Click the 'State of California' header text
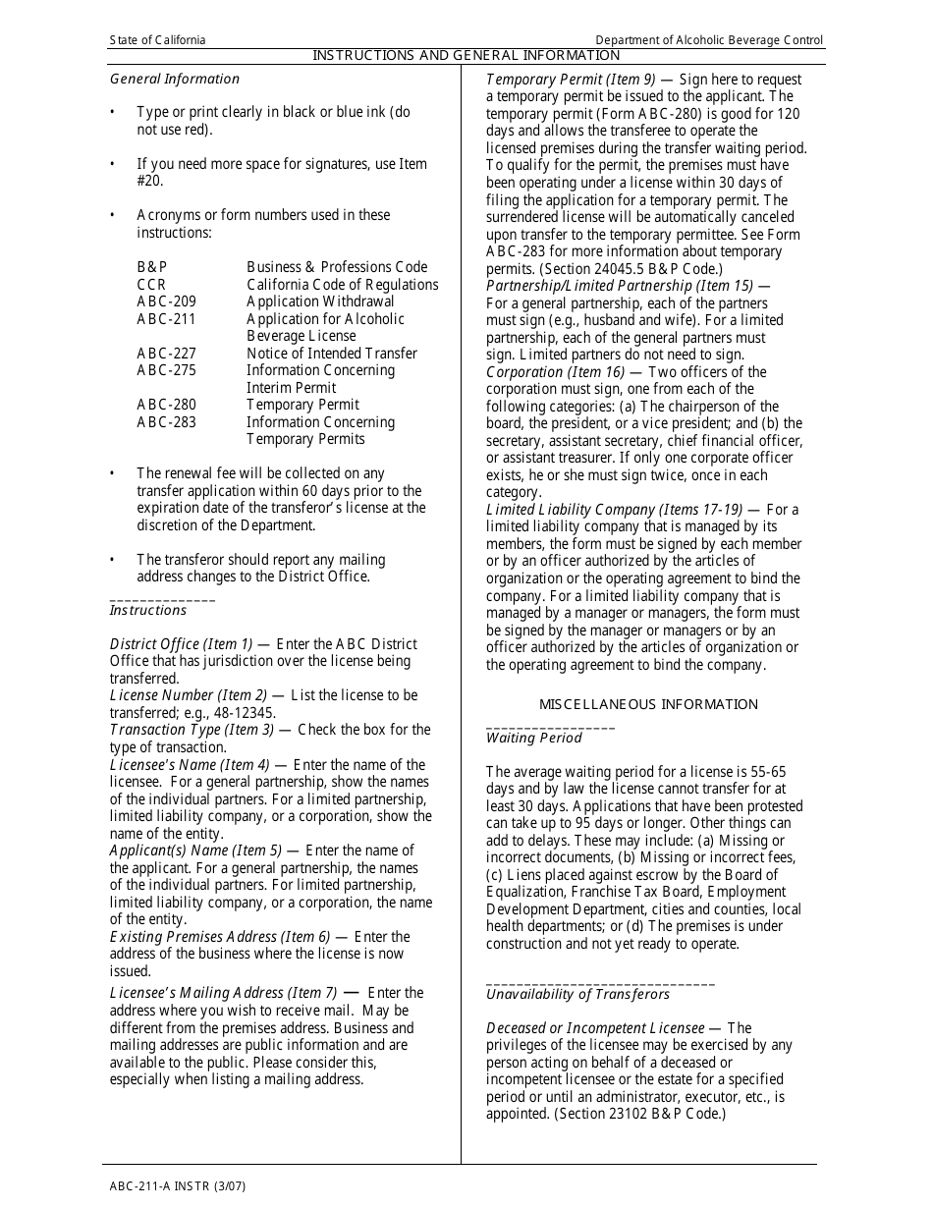point(157,40)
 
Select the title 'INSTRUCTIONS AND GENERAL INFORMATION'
point(466,56)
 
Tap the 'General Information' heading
point(175,79)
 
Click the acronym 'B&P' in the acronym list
point(152,267)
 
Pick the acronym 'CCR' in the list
point(151,285)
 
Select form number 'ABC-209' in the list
point(166,302)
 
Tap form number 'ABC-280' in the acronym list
point(166,405)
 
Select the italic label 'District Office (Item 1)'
point(181,644)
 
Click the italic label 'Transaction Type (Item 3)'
point(192,730)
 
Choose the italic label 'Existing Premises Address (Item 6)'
point(220,937)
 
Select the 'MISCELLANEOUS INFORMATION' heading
point(648,704)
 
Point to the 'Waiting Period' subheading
point(534,738)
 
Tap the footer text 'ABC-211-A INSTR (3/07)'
point(178,1185)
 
